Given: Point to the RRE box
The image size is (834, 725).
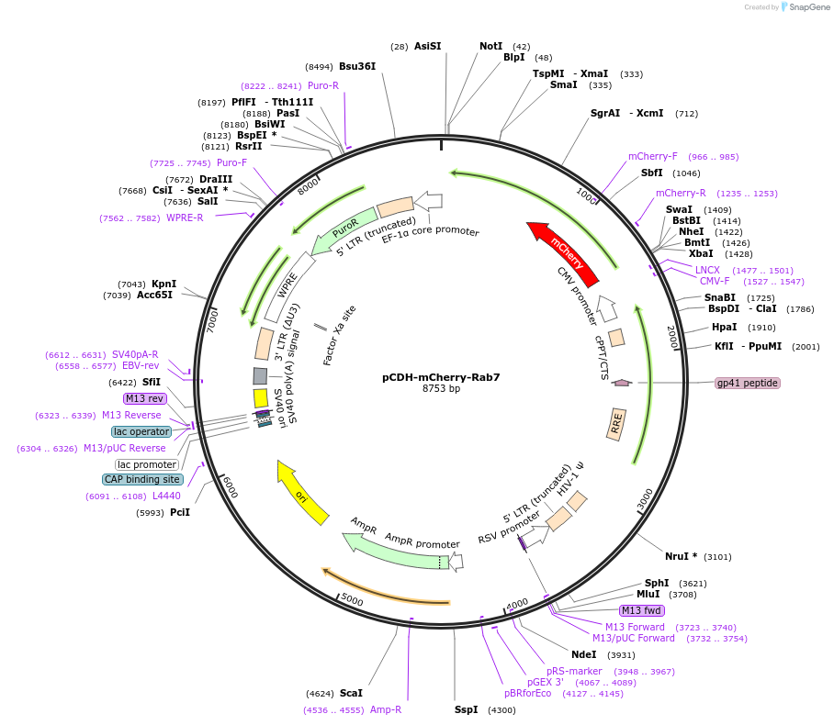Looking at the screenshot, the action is [x=616, y=424].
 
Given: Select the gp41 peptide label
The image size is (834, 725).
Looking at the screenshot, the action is [x=748, y=383].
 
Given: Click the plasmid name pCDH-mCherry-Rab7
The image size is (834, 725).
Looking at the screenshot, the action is [x=441, y=377].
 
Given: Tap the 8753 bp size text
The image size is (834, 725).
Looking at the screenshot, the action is [x=441, y=388].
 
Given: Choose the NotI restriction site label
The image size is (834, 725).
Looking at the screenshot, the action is [x=490, y=46].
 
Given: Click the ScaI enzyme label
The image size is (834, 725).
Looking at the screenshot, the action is [x=351, y=693].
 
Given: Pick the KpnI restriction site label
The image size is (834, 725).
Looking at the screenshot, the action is [x=163, y=284].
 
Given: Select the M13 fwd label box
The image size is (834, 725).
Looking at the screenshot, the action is [x=642, y=610].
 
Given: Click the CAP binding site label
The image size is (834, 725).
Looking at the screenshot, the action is [x=142, y=479].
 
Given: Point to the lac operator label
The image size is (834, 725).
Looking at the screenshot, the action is [x=141, y=431].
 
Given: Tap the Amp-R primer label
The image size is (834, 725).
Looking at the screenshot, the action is [x=386, y=709].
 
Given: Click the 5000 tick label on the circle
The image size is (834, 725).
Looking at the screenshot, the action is [x=352, y=599].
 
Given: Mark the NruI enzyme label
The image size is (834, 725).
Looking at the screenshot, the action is [x=677, y=556].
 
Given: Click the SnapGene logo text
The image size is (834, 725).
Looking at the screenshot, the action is [x=809, y=7].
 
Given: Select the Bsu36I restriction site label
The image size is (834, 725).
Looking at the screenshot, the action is [x=357, y=66].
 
